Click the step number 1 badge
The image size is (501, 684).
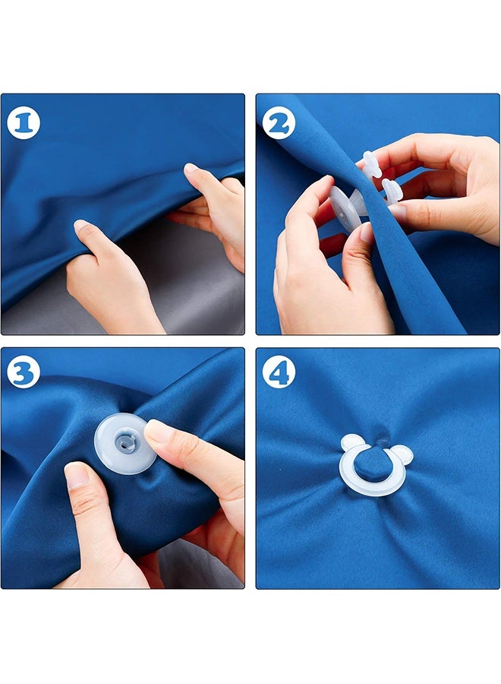point(24,123)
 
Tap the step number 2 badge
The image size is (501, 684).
point(279,123)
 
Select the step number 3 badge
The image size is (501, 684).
point(24,372)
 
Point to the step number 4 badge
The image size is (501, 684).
point(279,372)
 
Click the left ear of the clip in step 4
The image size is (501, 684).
point(352,443)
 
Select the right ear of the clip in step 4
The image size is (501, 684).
point(402,455)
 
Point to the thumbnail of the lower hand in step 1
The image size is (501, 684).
point(79,226)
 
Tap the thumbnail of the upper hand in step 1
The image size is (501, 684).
point(190,169)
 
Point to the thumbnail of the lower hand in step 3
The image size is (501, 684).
point(77,476)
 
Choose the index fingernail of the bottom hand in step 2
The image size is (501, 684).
point(324,182)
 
